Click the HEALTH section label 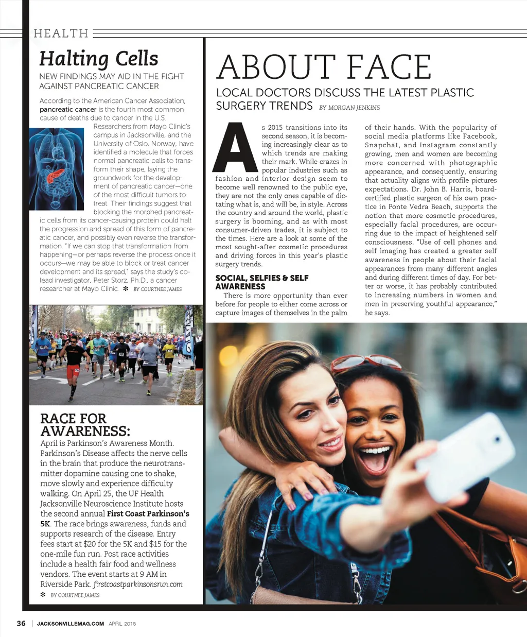pyautogui.click(x=61, y=33)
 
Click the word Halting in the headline pyautogui.click(x=74, y=59)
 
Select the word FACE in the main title pyautogui.click(x=389, y=67)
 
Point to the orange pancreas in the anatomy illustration pyautogui.click(x=56, y=175)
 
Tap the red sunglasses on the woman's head pyautogui.click(x=365, y=362)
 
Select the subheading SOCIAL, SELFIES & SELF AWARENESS pyautogui.click(x=262, y=282)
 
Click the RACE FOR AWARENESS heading pyautogui.click(x=85, y=425)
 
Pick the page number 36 pyautogui.click(x=21, y=623)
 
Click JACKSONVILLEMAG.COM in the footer pyautogui.click(x=71, y=624)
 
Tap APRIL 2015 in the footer pyautogui.click(x=122, y=624)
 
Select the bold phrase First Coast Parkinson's pyautogui.click(x=148, y=514)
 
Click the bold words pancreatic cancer pyautogui.click(x=68, y=110)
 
